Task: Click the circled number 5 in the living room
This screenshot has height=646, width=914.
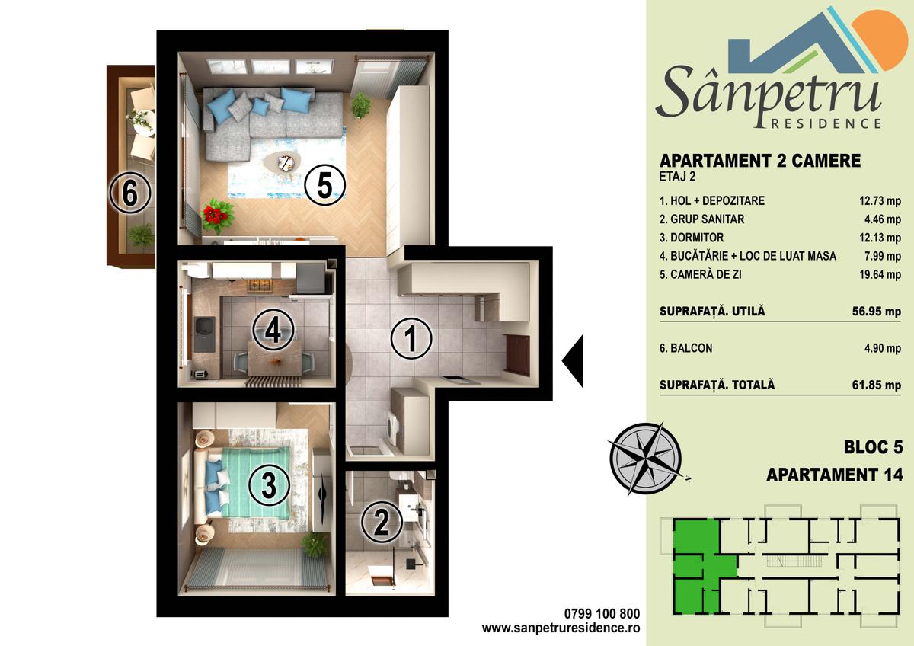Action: pyautogui.click(x=324, y=186)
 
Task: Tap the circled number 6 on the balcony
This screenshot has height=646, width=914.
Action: pyautogui.click(x=130, y=193)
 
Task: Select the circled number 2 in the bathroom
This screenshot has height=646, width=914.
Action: pyautogui.click(x=382, y=522)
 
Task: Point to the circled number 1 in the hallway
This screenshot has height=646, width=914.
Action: pyautogui.click(x=411, y=338)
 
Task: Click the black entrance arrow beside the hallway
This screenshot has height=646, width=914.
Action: pyautogui.click(x=573, y=361)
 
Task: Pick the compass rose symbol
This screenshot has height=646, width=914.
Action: pyautogui.click(x=647, y=459)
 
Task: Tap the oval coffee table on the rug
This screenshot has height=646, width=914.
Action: pyautogui.click(x=283, y=163)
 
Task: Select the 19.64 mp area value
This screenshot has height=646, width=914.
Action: pyautogui.click(x=880, y=275)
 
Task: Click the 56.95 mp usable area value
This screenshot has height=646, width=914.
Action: pyautogui.click(x=877, y=312)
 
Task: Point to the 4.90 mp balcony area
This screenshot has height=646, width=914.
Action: pyautogui.click(x=883, y=348)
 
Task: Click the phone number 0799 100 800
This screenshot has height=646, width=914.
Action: pyautogui.click(x=602, y=614)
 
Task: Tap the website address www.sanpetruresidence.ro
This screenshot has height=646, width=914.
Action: pyautogui.click(x=561, y=628)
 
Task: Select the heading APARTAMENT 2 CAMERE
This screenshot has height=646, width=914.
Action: pyautogui.click(x=760, y=161)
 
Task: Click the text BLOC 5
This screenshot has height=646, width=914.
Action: pyautogui.click(x=873, y=447)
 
